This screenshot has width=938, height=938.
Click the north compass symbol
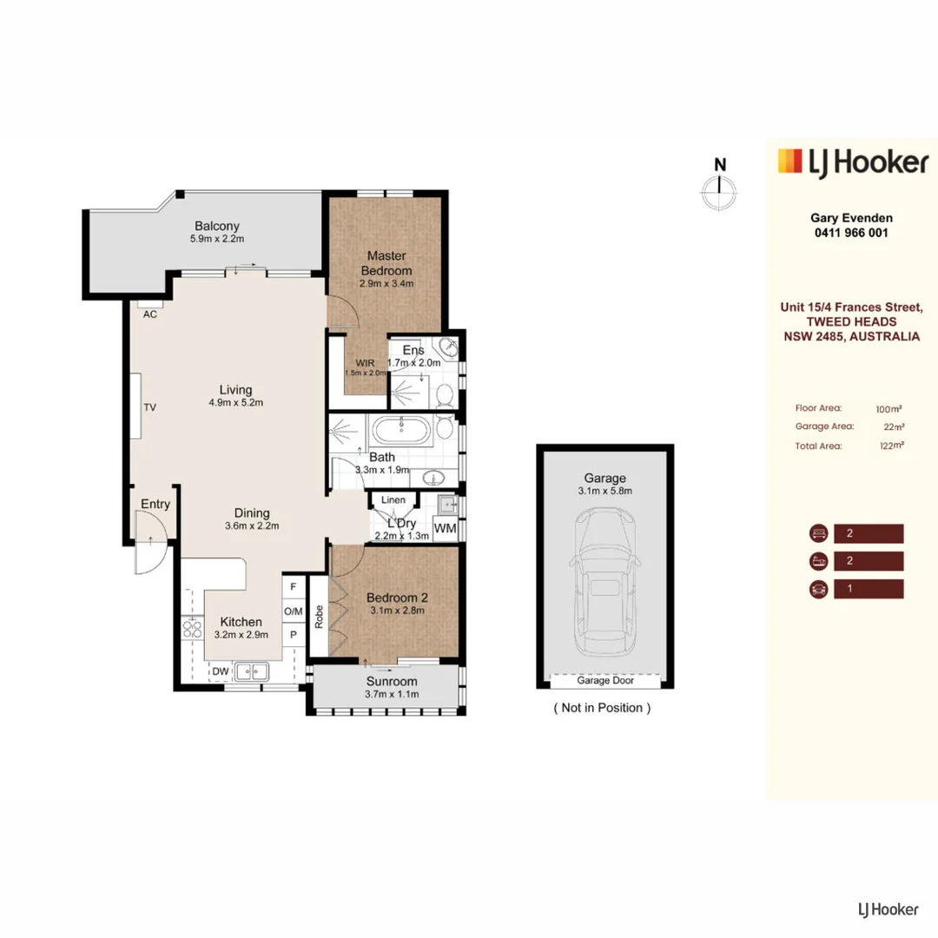[719, 190]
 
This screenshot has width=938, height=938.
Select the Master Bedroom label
[387, 262]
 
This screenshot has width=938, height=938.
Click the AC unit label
[150, 314]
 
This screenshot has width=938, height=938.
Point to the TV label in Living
[149, 406]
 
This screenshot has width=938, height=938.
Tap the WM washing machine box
[445, 528]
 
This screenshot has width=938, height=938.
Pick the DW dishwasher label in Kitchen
[221, 670]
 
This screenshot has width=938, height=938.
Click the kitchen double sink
[254, 670]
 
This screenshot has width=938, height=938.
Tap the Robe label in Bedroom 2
[319, 615]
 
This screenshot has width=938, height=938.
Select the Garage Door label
[604, 680]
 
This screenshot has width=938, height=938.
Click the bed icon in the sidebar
[816, 533]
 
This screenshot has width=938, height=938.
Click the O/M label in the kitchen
[294, 611]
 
